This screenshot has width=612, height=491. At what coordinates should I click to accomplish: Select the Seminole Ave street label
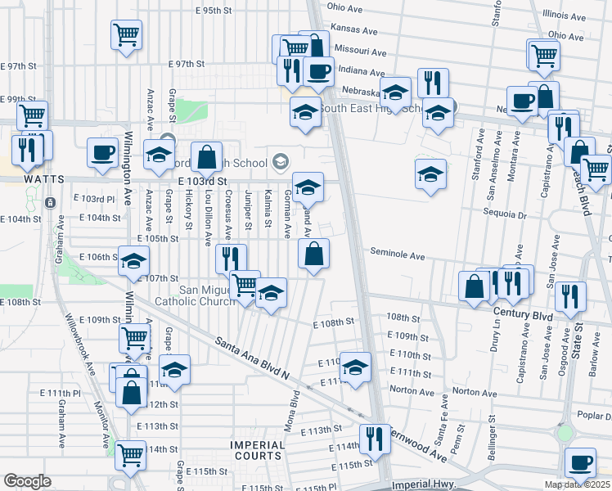point(397,255)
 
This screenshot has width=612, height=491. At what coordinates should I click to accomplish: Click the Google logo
point(27,481)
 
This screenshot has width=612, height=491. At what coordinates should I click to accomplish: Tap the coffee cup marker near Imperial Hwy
point(580,462)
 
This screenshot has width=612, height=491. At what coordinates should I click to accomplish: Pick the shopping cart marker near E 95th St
point(126,34)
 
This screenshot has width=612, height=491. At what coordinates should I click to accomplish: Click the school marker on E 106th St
point(133,261)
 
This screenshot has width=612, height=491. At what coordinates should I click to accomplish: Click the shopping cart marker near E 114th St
point(130,455)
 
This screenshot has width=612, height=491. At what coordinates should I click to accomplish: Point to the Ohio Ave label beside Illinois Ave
point(566,36)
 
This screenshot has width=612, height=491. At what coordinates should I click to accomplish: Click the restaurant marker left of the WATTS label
point(27,148)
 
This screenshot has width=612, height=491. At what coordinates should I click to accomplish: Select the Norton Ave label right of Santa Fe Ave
point(469,393)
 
